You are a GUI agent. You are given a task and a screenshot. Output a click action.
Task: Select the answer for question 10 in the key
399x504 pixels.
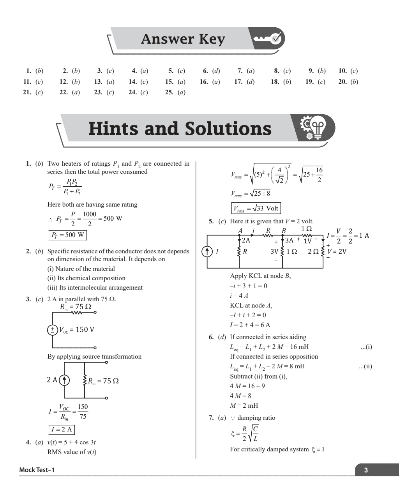[348, 71]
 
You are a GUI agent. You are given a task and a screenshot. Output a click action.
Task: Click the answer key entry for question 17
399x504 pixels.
[244, 82]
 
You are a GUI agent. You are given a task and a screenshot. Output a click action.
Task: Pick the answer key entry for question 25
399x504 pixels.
[175, 92]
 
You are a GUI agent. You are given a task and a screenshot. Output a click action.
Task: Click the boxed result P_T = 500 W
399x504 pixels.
[67, 235]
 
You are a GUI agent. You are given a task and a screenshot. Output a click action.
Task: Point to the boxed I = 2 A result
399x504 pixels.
[61, 430]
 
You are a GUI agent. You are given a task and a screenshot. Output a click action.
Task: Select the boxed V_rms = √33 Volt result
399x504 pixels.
[256, 208]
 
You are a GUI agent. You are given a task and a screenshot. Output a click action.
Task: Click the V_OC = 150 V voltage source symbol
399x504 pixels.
[52, 330]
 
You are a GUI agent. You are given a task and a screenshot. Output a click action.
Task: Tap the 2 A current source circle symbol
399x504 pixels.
[64, 380]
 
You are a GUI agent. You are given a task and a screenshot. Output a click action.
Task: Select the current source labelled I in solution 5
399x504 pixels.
[207, 252]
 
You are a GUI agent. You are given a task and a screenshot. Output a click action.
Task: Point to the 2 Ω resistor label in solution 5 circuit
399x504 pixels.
[313, 252]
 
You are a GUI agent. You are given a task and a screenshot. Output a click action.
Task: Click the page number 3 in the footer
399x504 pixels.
[365, 470]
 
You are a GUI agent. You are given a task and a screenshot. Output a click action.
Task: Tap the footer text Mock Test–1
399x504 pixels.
[37, 470]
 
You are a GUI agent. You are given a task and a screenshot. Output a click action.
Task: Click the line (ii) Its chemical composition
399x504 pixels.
[86, 278]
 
